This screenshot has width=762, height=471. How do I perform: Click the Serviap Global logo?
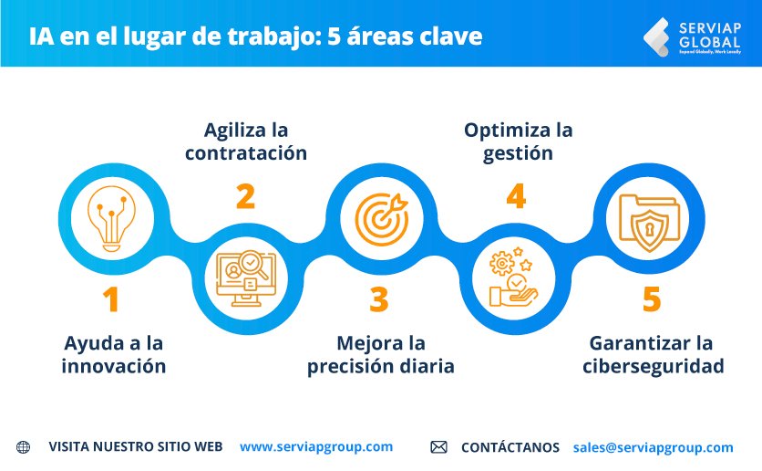coord(695,37)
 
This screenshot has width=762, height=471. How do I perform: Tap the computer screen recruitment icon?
coord(243,277)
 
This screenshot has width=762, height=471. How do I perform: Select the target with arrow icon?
coord(377,219)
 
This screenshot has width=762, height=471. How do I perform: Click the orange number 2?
coord(245,196)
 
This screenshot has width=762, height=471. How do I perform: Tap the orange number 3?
coord(378,299)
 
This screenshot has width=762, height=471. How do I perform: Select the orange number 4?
coord(516,196)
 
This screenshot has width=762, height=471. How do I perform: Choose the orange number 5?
coord(651,299)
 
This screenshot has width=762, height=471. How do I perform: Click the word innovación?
coord(114,367)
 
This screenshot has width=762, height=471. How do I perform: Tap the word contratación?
coord(245,153)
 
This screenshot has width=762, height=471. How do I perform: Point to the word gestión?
coord(518,153)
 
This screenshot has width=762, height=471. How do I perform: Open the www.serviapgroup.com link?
coord(316,446)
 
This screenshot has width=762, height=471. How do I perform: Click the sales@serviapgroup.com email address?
coord(653,447)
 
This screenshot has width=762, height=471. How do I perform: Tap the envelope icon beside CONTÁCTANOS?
coord(438,447)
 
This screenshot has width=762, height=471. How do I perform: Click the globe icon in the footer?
coord(23,447)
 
